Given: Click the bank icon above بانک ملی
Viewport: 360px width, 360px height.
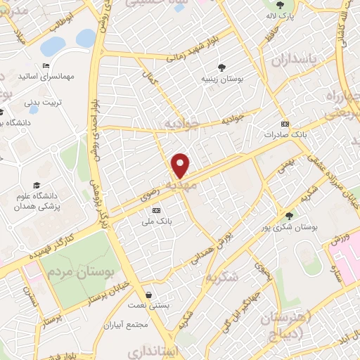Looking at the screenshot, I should tap(156, 210).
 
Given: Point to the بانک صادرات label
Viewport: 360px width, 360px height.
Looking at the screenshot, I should tap(285, 134).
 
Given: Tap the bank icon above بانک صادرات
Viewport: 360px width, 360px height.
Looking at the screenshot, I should tap(285, 123).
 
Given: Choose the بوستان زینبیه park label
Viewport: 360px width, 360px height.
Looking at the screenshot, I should tap(223, 79).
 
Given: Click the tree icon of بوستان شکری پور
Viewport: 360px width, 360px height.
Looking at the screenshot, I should tap(288, 215).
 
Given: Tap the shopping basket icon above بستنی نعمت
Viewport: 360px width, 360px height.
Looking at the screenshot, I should tap(148, 295).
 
